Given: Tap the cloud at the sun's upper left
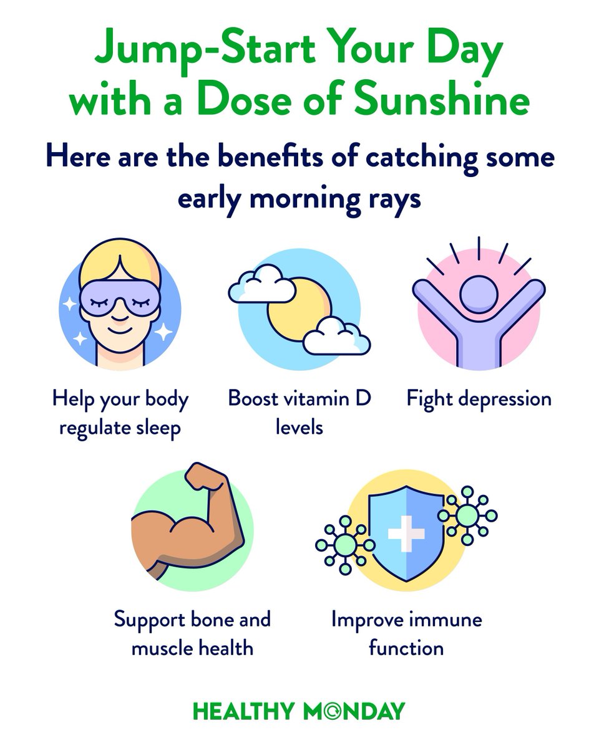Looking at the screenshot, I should click(261, 284).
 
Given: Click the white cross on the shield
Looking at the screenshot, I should click(406, 534).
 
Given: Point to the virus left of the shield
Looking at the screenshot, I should click(345, 544).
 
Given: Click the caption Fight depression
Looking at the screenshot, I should click(479, 399).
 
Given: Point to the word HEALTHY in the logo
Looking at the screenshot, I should click(241, 711).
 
